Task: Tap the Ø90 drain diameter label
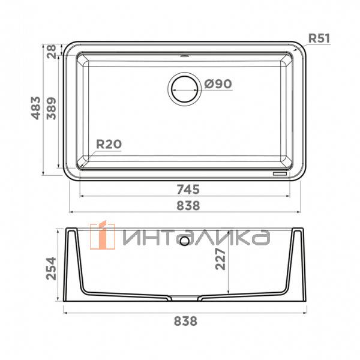click(218, 85)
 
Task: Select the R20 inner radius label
click(109, 144)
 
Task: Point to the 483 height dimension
click(37, 108)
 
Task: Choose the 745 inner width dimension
click(187, 188)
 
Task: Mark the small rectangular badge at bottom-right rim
click(280, 174)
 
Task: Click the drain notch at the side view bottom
click(185, 296)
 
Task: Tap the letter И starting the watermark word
click(133, 236)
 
